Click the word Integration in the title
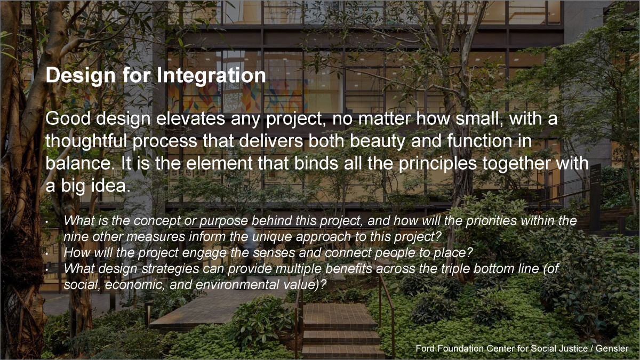[211, 76]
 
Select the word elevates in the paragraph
[190, 118]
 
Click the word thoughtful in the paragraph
[86, 141]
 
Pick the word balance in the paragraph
[78, 163]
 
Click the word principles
[437, 164]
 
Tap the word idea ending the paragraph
[111, 186]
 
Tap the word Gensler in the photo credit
[612, 349]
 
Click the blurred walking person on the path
[252, 251]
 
